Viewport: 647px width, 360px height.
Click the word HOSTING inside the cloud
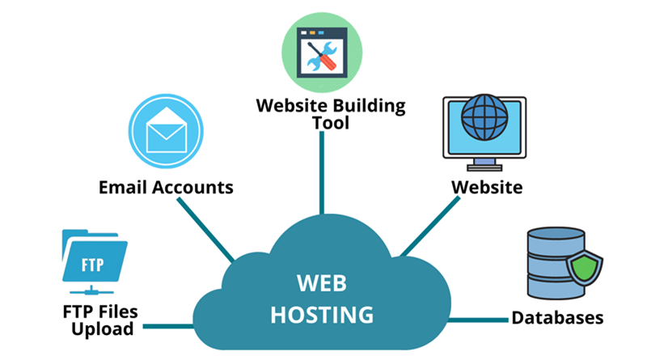pyautogui.click(x=322, y=314)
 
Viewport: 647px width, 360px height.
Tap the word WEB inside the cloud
pyautogui.click(x=322, y=284)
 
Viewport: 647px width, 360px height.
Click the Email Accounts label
pyautogui.click(x=166, y=188)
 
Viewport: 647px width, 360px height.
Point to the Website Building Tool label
pyautogui.click(x=330, y=113)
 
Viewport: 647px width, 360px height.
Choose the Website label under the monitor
pyautogui.click(x=486, y=188)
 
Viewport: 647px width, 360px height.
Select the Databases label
pyautogui.click(x=557, y=317)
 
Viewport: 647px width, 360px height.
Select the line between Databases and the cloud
pyautogui.click(x=477, y=319)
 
